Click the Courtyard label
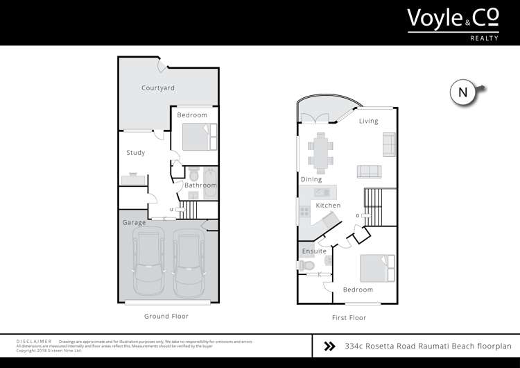[x=158, y=88]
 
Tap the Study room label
[x=136, y=153]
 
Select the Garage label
[x=135, y=223]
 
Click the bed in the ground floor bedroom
[x=199, y=136]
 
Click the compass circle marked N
[x=463, y=92]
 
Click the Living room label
[x=369, y=122]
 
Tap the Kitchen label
[x=328, y=206]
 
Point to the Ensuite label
[x=314, y=251]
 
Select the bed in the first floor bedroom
[x=376, y=268]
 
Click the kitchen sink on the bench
[x=321, y=192]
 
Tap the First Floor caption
[x=348, y=317]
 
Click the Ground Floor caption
[x=166, y=316]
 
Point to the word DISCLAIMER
[x=34, y=342]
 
